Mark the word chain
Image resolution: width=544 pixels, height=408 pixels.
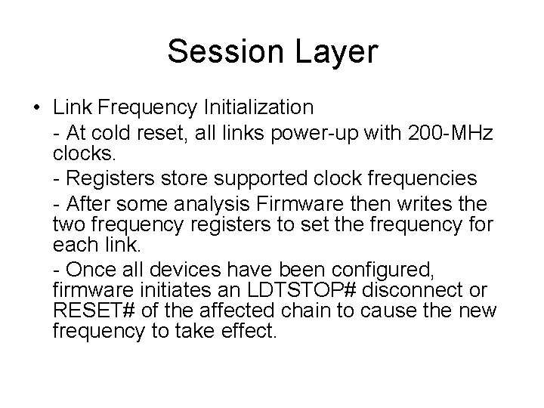click(x=311, y=311)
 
